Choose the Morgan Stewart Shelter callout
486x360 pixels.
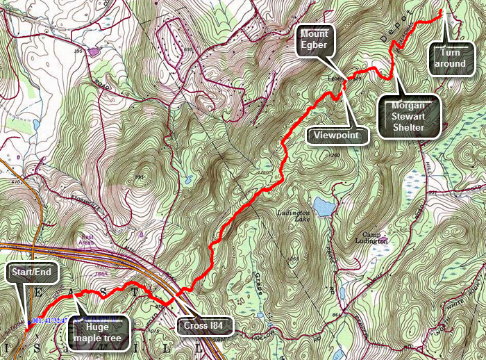(x=409, y=116)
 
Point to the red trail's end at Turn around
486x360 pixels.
(x=442, y=13)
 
